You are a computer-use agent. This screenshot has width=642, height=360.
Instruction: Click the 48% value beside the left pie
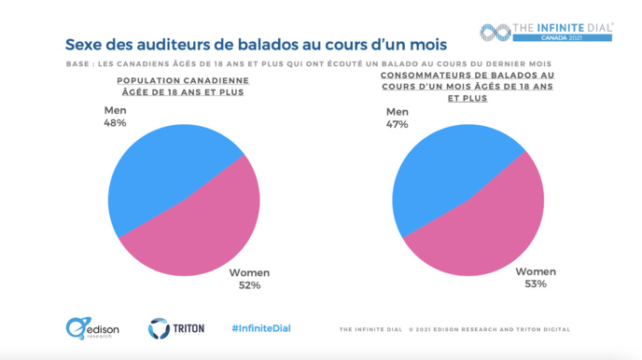coord(115,122)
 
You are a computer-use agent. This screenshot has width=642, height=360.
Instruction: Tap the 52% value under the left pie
coord(248,285)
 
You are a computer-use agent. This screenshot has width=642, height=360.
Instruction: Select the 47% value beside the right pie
coord(398,124)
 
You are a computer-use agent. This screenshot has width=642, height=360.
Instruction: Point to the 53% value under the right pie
coord(535,284)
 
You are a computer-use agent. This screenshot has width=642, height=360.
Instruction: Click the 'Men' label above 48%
coord(115,110)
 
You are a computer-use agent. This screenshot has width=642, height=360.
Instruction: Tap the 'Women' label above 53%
coord(536,271)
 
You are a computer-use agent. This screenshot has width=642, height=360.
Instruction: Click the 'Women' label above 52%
coord(249,272)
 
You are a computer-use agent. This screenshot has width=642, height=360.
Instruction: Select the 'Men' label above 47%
coord(398,112)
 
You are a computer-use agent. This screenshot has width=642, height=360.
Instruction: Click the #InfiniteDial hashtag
coord(261,328)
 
